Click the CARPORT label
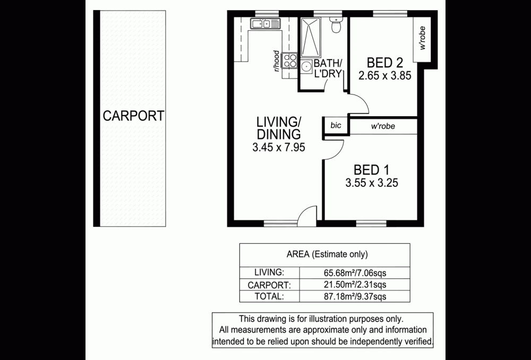click(x=133, y=116)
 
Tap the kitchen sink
click(x=265, y=24)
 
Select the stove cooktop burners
click(x=290, y=61)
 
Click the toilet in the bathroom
click(x=336, y=24)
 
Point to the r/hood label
click(x=277, y=61)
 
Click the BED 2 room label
click(x=384, y=63)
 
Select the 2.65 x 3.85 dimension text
click(x=384, y=75)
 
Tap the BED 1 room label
click(x=372, y=170)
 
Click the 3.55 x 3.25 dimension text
click(x=372, y=183)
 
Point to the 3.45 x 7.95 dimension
click(x=279, y=147)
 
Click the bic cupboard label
click(x=336, y=125)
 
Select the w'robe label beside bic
click(x=383, y=126)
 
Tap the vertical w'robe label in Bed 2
click(x=422, y=38)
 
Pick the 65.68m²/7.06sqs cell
click(x=355, y=272)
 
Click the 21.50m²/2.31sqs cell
click(x=355, y=285)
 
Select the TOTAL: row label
click(x=269, y=296)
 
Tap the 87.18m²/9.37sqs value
click(x=355, y=297)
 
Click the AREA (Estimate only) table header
click(x=327, y=254)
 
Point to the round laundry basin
click(x=306, y=66)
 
